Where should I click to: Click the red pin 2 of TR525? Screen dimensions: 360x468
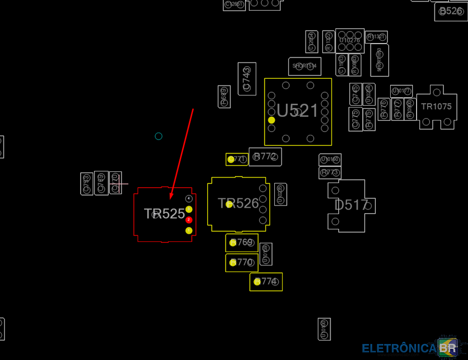click(189, 220)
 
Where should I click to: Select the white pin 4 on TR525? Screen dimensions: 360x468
click(189, 198)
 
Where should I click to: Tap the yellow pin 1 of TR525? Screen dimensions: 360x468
click(189, 231)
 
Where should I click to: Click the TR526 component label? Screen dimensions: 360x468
click(239, 204)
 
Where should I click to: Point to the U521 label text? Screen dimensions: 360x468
click(297, 111)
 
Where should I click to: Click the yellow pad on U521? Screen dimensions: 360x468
click(271, 120)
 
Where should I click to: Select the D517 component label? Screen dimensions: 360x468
click(351, 205)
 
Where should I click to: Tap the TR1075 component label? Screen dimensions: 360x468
click(436, 107)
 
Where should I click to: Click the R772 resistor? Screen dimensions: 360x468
click(265, 156)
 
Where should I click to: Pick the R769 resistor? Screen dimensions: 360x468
click(242, 242)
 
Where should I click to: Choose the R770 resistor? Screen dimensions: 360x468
click(242, 263)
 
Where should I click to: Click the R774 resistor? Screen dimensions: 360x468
click(266, 282)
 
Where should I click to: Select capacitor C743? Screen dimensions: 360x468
click(246, 79)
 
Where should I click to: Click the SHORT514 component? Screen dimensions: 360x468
click(305, 66)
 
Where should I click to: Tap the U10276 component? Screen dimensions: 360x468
click(350, 40)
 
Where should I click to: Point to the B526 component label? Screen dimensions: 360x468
click(450, 11)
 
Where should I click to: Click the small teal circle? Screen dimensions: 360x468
click(159, 136)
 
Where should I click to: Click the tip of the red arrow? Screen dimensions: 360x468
click(171, 198)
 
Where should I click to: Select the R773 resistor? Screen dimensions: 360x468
click(330, 172)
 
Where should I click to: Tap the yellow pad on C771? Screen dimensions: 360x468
click(231, 159)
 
